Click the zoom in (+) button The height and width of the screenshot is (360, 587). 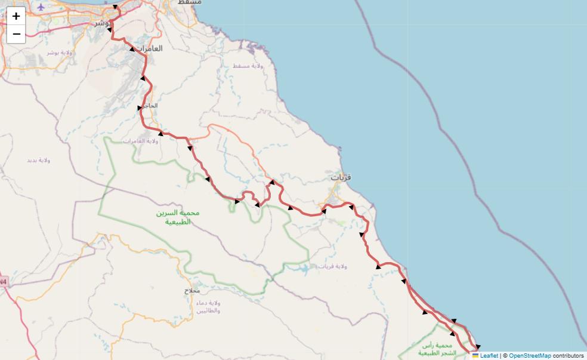16,16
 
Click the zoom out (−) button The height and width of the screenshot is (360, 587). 16,34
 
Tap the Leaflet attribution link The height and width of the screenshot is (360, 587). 489,356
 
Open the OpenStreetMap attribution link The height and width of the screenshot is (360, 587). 530,356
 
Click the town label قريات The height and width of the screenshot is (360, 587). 341,177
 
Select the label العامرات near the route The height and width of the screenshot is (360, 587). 149,48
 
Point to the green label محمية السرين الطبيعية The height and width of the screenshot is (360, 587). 177,217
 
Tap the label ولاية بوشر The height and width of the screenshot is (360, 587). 60,53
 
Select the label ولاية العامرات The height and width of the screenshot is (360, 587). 139,141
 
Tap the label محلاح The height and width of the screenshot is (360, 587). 192,291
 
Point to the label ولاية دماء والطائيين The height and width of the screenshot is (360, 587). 208,307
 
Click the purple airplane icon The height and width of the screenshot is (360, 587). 41,7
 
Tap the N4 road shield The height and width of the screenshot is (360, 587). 3,281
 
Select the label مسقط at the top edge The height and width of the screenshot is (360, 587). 190,2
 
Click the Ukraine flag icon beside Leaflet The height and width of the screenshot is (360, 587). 475,356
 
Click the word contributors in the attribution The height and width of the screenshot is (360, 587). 568,356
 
